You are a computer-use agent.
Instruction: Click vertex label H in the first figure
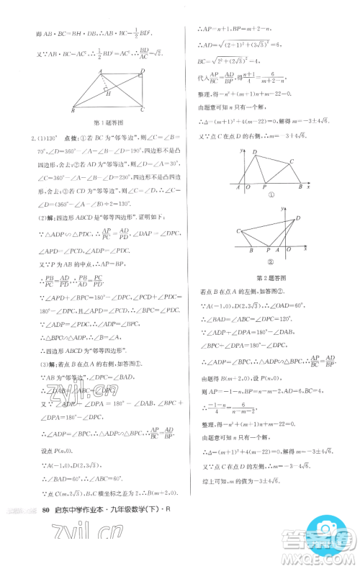tap(106, 93)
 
